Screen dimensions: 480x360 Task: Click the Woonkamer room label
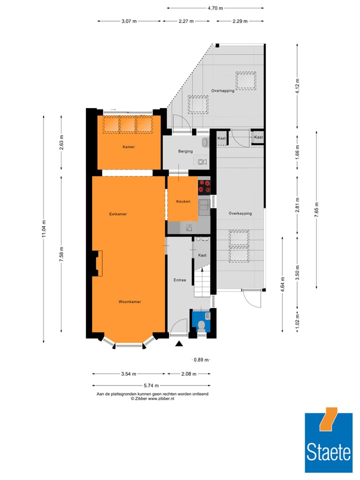point(129,301)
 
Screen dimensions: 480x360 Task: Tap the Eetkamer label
point(118,214)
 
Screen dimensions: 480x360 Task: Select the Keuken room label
point(183,201)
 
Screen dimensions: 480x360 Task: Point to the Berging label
point(185,151)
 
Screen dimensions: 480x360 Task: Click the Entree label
point(180,280)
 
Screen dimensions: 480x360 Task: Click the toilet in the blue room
point(201,325)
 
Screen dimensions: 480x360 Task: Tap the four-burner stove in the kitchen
point(204,186)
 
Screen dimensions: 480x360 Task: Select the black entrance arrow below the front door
point(179,343)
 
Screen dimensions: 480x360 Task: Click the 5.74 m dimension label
point(150,385)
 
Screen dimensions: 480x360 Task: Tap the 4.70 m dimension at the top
point(215,8)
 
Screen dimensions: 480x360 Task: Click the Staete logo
point(328,442)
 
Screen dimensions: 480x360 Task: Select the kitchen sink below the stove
point(204,205)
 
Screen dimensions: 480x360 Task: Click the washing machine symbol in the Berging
point(202,161)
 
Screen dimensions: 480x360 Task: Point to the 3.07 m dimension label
point(129,21)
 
